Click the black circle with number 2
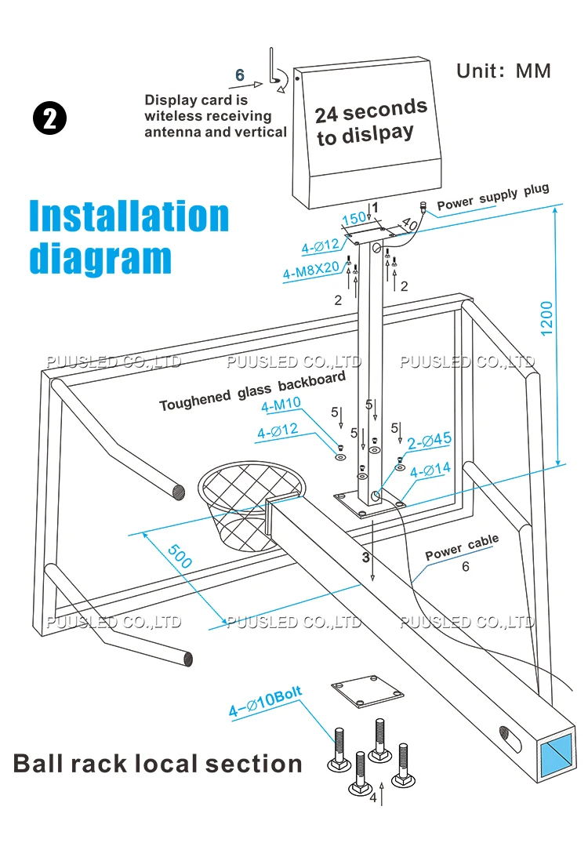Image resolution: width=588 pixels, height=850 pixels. pyautogui.click(x=49, y=118)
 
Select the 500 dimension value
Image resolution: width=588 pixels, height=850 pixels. pyautogui.click(x=180, y=556)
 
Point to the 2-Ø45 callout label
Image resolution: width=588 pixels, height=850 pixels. pyautogui.click(x=430, y=440)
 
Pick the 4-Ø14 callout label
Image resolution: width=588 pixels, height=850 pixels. pyautogui.click(x=430, y=470)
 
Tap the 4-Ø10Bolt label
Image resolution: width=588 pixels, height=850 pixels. pyautogui.click(x=265, y=701)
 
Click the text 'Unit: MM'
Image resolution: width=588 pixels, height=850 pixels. pyautogui.click(x=503, y=71)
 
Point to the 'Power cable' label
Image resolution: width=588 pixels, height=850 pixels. pyautogui.click(x=462, y=547)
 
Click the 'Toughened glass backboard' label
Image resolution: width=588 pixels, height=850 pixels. pyautogui.click(x=252, y=391)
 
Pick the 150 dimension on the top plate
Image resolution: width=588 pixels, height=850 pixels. pyautogui.click(x=354, y=218)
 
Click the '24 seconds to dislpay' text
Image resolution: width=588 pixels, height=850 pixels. pyautogui.click(x=371, y=122)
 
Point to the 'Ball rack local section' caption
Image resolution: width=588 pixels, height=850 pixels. pyautogui.click(x=157, y=763)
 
